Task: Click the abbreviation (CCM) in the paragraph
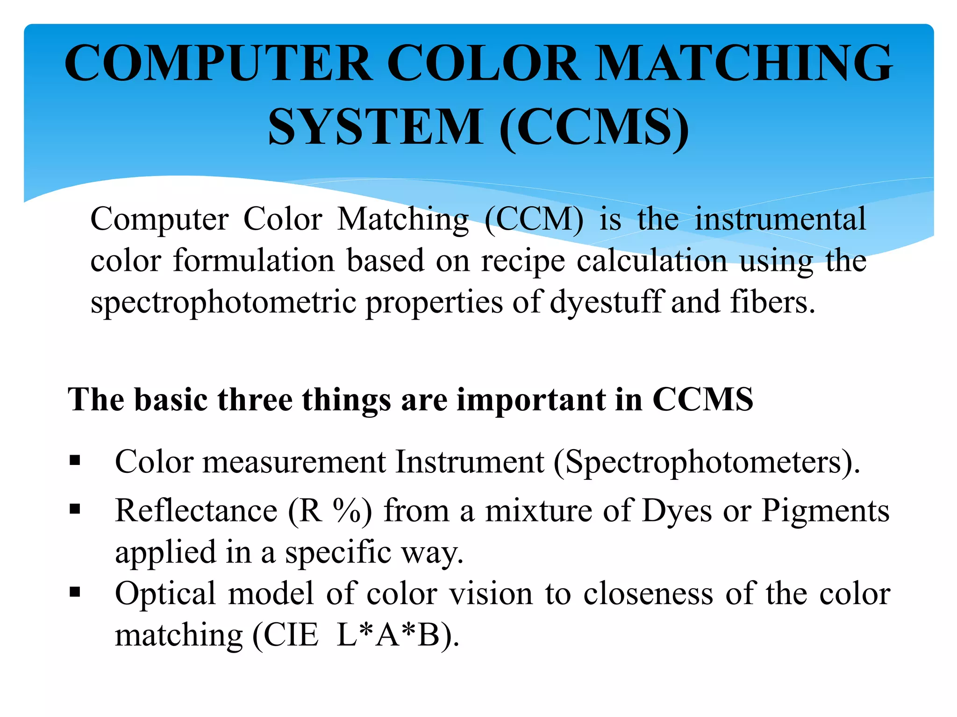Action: [x=534, y=219]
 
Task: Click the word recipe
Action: [x=523, y=261]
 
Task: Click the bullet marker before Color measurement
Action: [x=75, y=461]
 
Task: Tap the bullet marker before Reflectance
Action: [x=75, y=509]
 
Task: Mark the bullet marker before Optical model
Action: [x=75, y=592]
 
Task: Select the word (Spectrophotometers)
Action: [x=707, y=462]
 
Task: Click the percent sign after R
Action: [x=347, y=510]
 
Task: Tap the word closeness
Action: [x=648, y=594]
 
